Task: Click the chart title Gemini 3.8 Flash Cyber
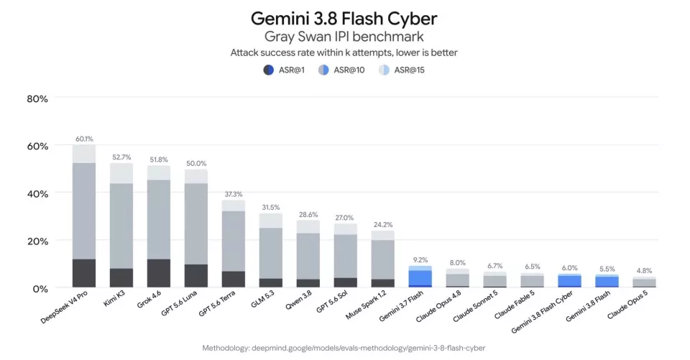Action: [344, 19]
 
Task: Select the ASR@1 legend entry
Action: [284, 70]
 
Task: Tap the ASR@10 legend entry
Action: [341, 70]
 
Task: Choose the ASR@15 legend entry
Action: [401, 70]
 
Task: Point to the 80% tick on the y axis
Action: [37, 99]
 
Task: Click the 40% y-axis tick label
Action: [37, 194]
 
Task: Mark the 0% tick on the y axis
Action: [40, 289]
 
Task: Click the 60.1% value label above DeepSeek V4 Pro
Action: [84, 139]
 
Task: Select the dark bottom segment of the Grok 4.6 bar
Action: [159, 273]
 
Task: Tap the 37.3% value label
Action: [233, 194]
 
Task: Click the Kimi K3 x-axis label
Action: [114, 298]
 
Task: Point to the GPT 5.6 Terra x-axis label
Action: [217, 303]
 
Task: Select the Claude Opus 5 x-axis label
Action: [627, 305]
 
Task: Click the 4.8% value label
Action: [644, 271]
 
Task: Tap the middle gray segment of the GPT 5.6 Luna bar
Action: [196, 224]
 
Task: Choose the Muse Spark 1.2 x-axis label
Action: [366, 305]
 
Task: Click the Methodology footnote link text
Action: [344, 348]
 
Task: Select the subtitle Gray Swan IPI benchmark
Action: [344, 37]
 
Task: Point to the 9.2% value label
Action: [420, 260]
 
